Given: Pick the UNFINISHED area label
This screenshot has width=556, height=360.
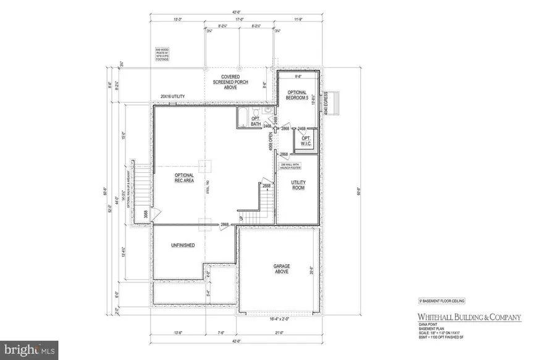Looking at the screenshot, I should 182,245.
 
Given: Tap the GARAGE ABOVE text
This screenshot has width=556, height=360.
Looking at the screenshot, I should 281,269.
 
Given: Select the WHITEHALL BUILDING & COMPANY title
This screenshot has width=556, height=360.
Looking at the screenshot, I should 468,317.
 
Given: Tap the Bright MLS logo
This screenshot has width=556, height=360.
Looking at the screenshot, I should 30,350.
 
